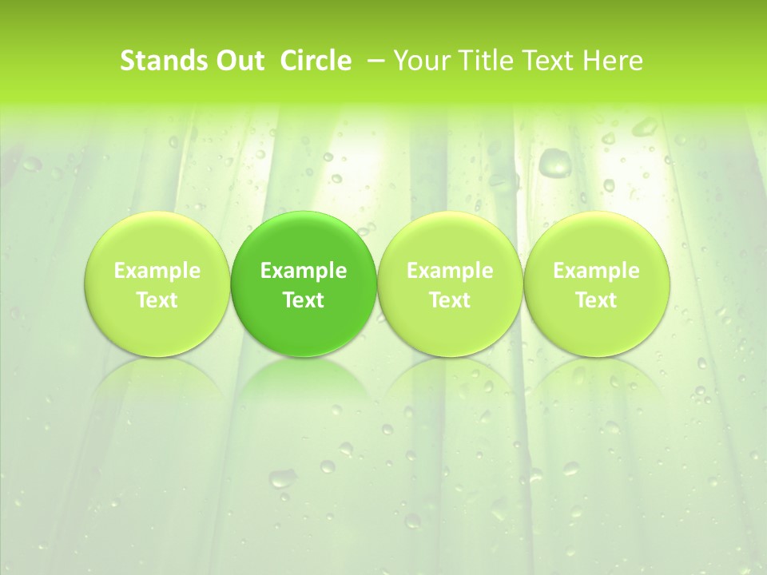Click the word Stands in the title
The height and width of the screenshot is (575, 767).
[163, 61]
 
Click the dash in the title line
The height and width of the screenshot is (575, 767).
[372, 61]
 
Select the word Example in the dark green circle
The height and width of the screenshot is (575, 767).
[304, 271]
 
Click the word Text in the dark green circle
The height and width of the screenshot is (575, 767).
[304, 300]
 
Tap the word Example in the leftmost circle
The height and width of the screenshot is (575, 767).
[157, 271]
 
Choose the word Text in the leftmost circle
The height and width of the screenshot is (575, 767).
[157, 300]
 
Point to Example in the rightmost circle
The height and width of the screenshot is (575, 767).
[596, 271]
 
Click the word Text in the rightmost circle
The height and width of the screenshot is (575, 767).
[596, 300]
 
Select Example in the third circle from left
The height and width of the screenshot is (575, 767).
[450, 271]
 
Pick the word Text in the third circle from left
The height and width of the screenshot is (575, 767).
[450, 300]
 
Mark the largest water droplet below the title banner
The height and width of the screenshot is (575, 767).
[554, 162]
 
